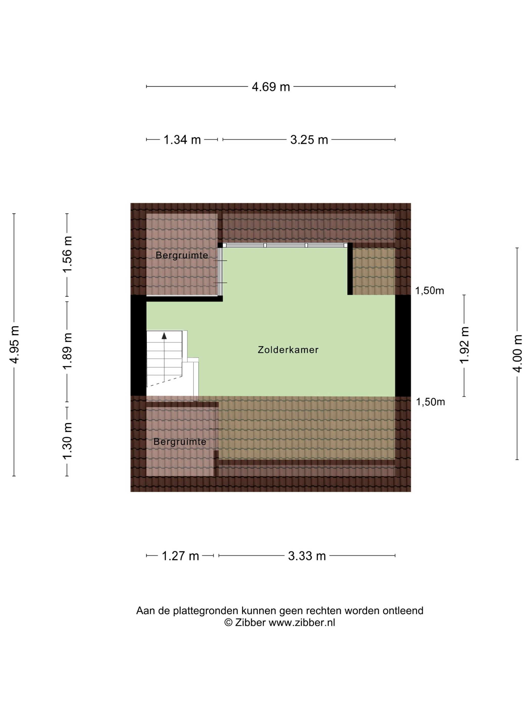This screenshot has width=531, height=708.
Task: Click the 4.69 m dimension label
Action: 271,87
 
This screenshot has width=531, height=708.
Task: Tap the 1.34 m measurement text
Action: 182,140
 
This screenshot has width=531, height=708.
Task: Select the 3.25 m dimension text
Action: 309,140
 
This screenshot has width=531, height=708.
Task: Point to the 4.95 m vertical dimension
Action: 15,345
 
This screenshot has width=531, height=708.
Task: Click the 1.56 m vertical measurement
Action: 68,254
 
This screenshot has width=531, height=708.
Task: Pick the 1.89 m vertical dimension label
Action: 68,351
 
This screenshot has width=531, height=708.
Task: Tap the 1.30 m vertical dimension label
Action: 68,441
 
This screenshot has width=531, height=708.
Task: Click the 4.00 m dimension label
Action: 518,354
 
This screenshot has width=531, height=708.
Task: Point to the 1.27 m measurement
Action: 181,556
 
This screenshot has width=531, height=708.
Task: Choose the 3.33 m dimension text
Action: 307,556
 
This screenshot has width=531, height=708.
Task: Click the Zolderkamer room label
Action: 288,350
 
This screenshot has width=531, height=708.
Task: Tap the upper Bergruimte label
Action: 182,255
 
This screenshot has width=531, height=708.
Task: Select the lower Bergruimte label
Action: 180,442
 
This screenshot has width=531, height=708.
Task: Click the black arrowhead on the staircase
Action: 164,336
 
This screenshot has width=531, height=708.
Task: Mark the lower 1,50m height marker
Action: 430,402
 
